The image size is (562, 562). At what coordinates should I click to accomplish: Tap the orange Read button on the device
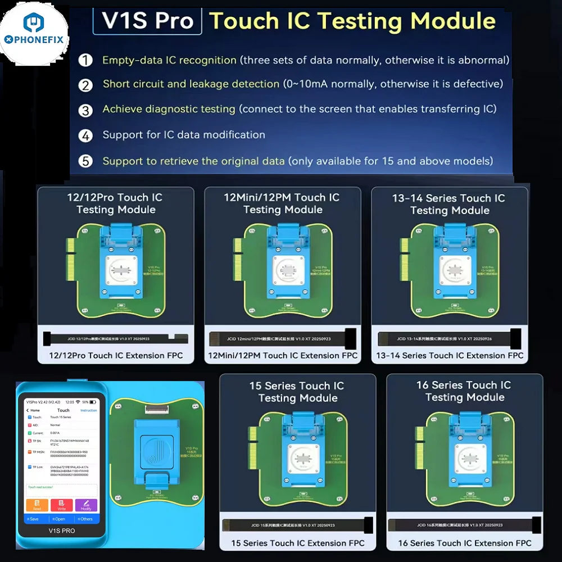pos(37,505)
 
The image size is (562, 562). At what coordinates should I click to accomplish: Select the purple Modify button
pos(86,505)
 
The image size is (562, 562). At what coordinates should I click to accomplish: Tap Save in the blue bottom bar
pos(33,519)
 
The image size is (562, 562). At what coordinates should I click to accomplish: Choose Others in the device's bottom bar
pos(85,519)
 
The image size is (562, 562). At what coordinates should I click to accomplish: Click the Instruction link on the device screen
pos(89,410)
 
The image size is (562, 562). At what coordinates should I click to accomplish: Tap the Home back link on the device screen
pos(34,410)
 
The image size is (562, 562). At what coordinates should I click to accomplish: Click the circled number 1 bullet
pos(85,60)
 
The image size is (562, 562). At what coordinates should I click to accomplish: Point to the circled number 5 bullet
pos(85,161)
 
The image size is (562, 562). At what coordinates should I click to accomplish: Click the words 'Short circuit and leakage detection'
pos(191,84)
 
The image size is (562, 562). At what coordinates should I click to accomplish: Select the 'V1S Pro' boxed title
pos(147,21)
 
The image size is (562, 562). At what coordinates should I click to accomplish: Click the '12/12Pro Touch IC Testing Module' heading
pos(116,203)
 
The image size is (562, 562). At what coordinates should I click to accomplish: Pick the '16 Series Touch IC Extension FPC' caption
pos(465,543)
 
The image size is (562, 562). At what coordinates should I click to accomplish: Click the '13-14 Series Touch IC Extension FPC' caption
pos(450,355)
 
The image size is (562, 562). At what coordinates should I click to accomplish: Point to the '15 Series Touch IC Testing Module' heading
pos(298,392)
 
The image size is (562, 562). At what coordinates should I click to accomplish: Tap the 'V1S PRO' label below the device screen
pos(62,531)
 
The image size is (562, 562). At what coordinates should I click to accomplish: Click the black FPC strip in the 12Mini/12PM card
pos(283,339)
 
